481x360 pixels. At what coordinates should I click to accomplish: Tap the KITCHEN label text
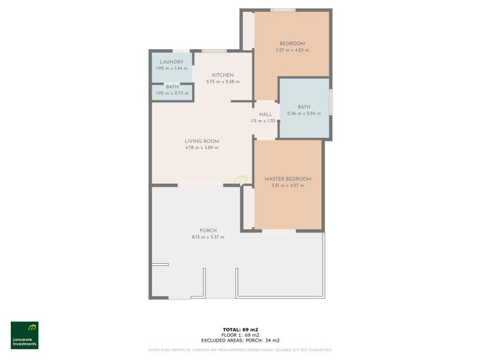tap(222, 75)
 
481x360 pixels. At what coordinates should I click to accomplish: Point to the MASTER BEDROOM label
tap(287, 179)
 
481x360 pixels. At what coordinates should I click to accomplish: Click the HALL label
tap(265, 115)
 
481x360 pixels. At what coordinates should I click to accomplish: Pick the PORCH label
tap(208, 230)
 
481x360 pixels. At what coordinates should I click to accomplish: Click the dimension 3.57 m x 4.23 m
tap(292, 50)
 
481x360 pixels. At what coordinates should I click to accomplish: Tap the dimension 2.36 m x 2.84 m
tap(304, 113)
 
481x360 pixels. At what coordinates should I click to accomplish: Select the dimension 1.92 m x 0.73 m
tap(171, 93)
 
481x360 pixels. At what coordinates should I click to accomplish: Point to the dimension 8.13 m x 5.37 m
tap(208, 237)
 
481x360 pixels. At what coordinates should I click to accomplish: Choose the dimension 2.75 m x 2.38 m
tap(222, 82)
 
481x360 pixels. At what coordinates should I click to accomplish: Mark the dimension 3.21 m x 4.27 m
tap(287, 185)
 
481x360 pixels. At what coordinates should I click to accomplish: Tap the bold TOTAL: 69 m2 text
tap(240, 330)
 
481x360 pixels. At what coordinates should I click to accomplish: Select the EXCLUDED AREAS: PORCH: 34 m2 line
tap(240, 340)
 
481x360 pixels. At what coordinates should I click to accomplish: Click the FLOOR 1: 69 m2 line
tap(240, 335)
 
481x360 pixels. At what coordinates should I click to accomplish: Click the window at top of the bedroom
tap(282, 10)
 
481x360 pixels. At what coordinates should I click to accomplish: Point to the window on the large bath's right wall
tap(331, 102)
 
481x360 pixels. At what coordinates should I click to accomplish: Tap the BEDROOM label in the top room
tap(292, 44)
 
